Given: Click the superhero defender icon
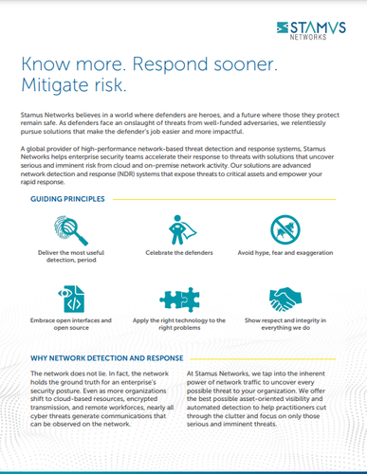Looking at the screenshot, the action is click(x=182, y=230).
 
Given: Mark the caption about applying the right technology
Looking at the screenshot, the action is click(x=182, y=322).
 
